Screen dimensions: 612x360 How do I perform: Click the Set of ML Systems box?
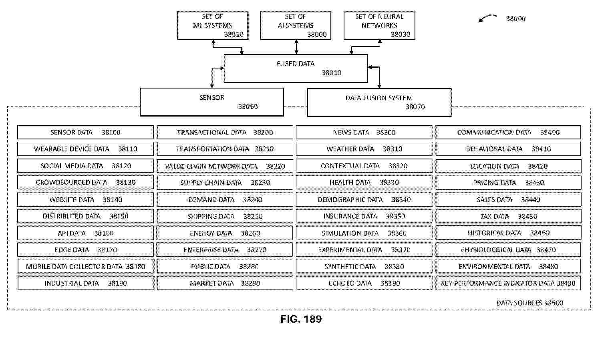click(x=213, y=26)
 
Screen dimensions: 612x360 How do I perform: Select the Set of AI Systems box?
click(x=296, y=26)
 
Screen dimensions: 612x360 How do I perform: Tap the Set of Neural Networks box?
click(x=379, y=26)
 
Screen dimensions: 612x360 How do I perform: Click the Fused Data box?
click(x=296, y=68)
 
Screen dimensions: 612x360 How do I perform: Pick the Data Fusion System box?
click(x=379, y=103)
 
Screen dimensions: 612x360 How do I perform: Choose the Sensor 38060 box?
click(x=212, y=102)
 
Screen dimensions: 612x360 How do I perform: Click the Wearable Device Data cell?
click(x=86, y=149)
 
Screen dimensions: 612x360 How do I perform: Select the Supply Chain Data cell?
click(x=225, y=183)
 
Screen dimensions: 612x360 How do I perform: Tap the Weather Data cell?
click(x=364, y=149)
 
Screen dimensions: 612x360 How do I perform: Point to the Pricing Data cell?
click(x=508, y=183)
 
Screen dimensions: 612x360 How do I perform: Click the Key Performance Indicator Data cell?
click(x=508, y=283)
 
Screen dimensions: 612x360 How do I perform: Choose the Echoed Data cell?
click(x=364, y=283)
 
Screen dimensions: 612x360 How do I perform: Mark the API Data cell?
click(x=86, y=233)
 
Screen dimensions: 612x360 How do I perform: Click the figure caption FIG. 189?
click(x=301, y=319)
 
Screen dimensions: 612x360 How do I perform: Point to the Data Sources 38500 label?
click(x=530, y=303)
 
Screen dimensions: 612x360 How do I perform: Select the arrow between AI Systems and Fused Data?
click(x=296, y=47)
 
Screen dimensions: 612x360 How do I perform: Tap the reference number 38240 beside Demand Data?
click(x=252, y=200)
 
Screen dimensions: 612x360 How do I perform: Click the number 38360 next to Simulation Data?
click(x=397, y=233)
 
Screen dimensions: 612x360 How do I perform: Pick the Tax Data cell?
click(x=508, y=216)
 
